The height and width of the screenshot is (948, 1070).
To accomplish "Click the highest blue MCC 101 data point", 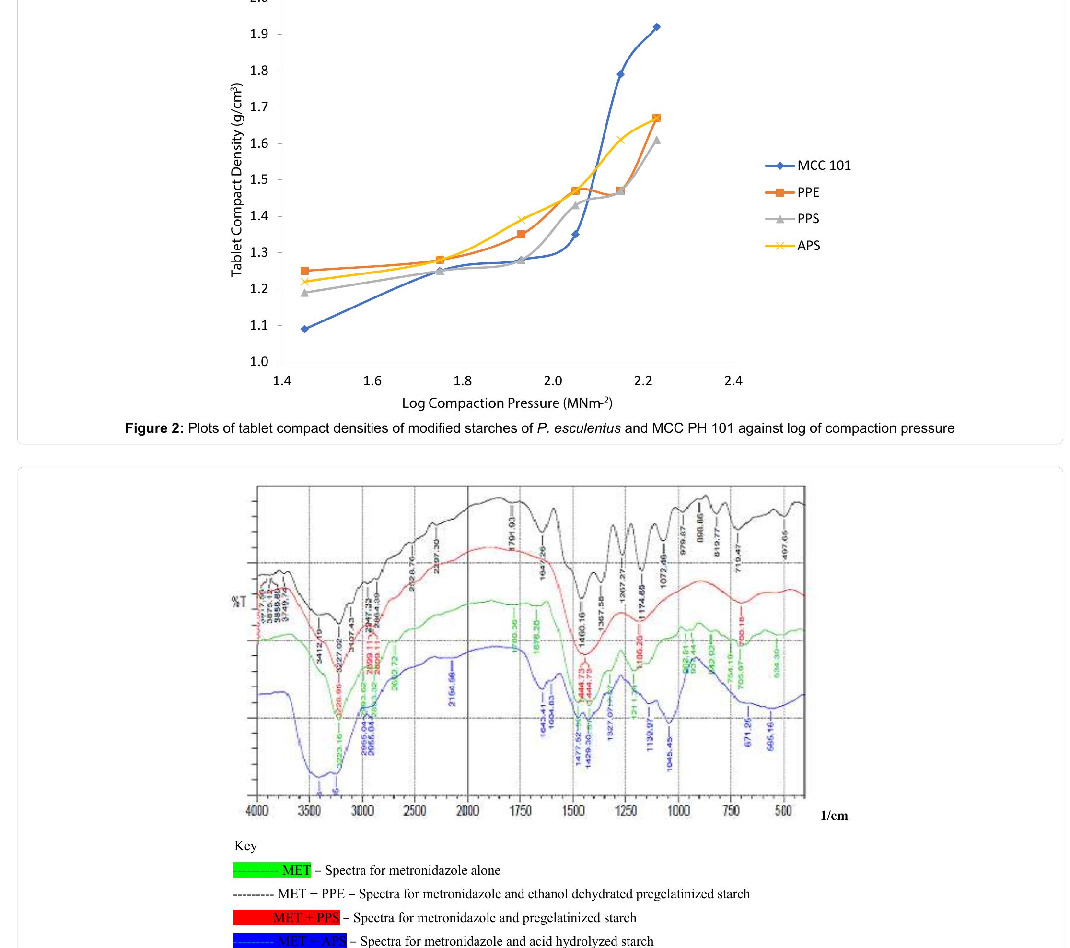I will tap(656, 27).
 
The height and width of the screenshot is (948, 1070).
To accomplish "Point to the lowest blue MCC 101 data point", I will tap(305, 329).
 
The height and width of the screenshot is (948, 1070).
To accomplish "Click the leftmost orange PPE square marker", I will tap(305, 271).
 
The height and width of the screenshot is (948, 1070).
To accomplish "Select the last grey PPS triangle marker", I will tap(656, 140).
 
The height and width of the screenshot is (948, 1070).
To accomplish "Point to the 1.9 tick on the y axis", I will tap(258, 35).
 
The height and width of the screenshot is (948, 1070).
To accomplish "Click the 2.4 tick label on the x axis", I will tap(733, 381).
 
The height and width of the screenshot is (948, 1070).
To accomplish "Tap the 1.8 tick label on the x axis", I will tap(462, 381).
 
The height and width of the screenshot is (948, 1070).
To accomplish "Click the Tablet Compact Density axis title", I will tap(237, 179).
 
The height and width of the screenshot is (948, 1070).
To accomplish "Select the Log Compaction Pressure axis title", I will tap(507, 403).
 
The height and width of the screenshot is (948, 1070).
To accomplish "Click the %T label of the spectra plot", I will tap(239, 602).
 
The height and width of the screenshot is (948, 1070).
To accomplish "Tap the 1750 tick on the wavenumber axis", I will tap(520, 811).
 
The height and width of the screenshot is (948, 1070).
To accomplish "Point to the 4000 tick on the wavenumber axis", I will tap(256, 811).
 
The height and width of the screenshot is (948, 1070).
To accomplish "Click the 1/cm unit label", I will tap(834, 816).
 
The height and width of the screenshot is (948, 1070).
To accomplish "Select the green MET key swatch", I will tap(272, 870).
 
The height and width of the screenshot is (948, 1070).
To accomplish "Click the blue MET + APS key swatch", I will tap(290, 941).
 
